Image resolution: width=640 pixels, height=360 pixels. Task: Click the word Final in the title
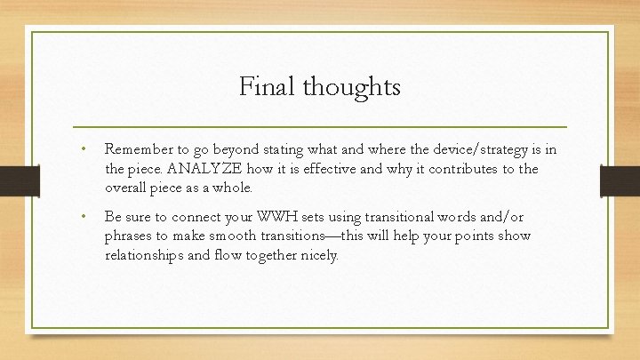point(268,87)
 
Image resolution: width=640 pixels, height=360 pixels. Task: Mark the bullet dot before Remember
point(81,149)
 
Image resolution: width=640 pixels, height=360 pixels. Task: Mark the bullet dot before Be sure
point(81,216)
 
